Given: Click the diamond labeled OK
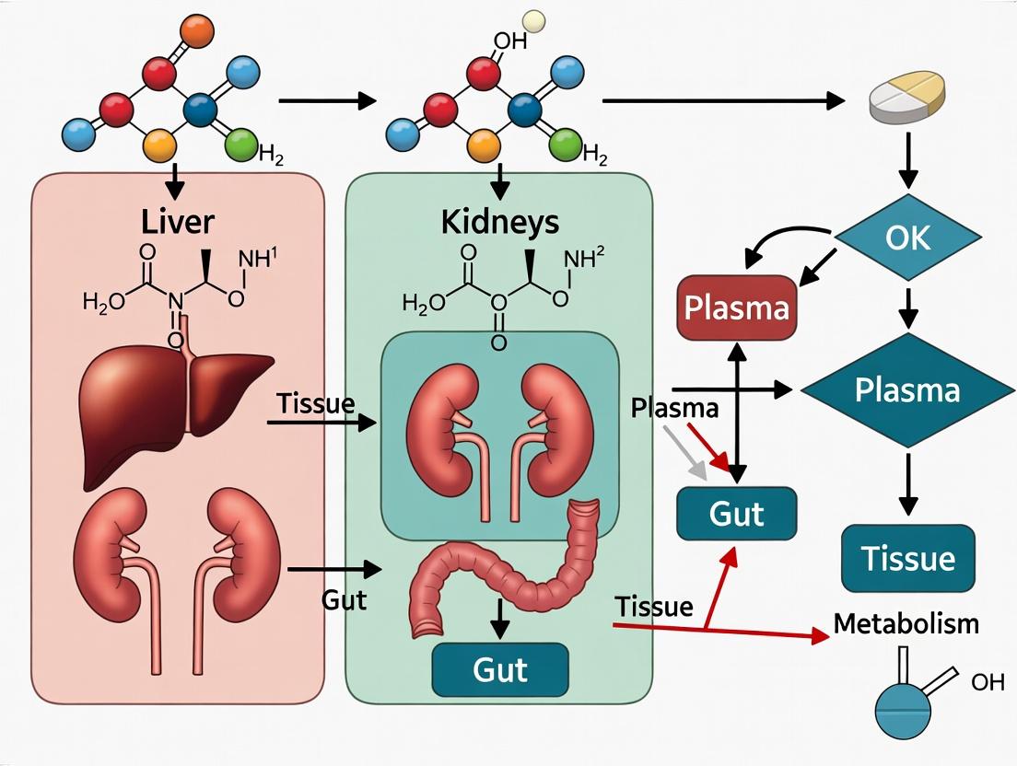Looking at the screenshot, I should click(x=907, y=238).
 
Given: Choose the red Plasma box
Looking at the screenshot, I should click(x=736, y=308).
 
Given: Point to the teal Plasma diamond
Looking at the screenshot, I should click(x=907, y=390).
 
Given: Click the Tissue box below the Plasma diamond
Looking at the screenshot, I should click(x=907, y=558).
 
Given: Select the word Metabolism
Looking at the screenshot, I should click(x=906, y=623).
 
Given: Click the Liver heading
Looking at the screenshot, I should click(x=179, y=222).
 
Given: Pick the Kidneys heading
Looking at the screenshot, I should click(x=499, y=222).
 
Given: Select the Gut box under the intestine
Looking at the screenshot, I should click(x=500, y=668).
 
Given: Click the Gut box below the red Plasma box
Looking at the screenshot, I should click(x=736, y=513).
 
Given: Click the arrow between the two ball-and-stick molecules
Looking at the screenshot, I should click(x=326, y=100).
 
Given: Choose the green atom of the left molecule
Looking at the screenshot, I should click(x=243, y=144).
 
